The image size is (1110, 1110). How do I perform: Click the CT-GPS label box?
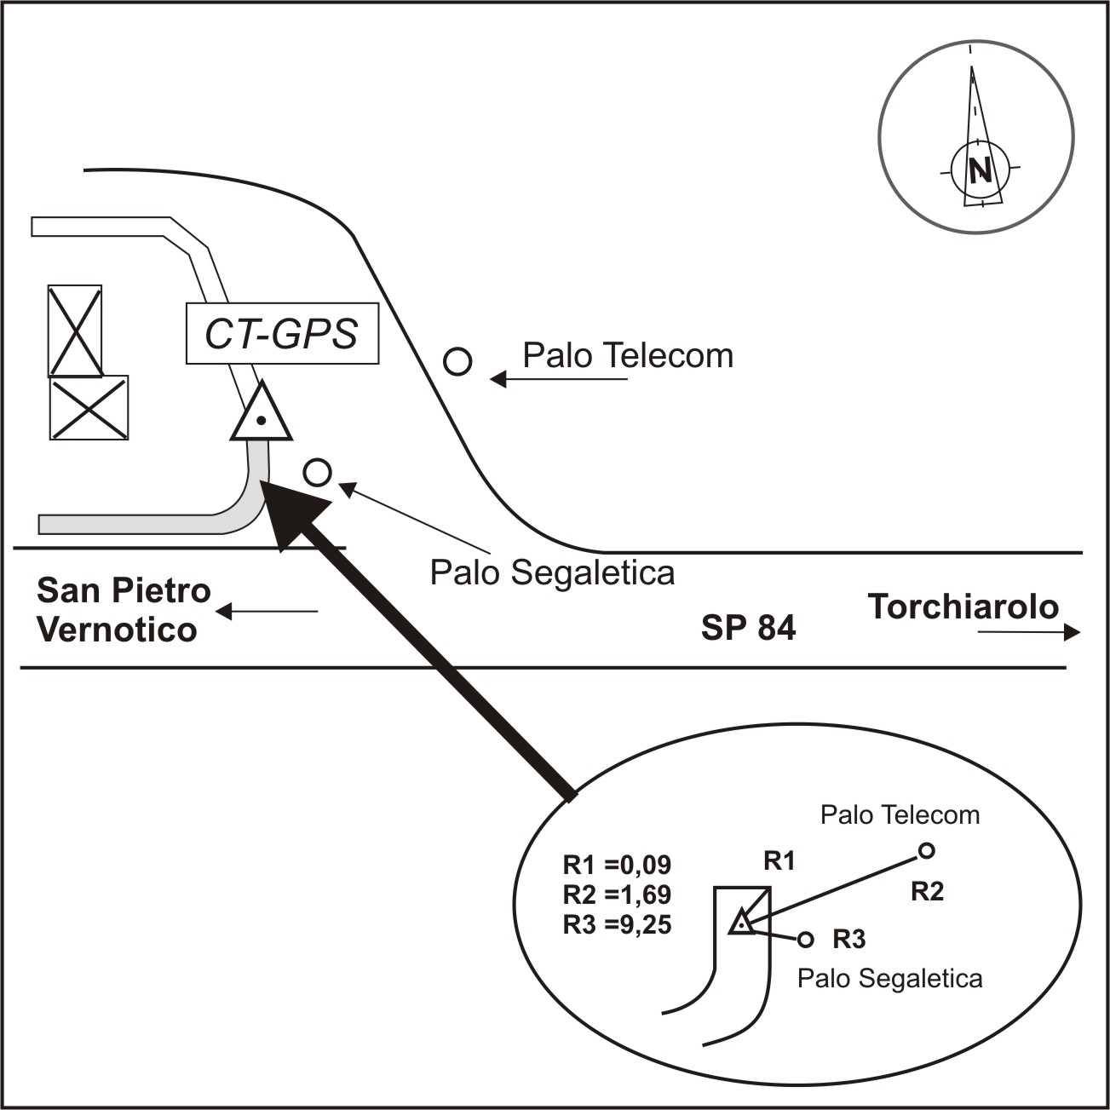click(282, 333)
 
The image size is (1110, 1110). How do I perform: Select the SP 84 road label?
click(748, 628)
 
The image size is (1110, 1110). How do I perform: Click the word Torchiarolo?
click(963, 607)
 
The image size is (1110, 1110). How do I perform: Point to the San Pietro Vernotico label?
click(123, 610)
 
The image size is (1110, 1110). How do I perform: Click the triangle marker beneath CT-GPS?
click(262, 416)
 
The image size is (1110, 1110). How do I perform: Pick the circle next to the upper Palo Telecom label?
click(458, 362)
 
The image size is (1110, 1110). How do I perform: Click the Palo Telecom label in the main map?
click(628, 355)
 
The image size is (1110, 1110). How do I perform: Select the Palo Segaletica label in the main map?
click(552, 572)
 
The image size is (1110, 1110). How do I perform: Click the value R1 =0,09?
click(617, 866)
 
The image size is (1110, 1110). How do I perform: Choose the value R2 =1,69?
click(617, 894)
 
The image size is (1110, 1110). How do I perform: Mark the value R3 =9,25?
click(617, 924)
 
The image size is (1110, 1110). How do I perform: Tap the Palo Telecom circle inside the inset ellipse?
click(927, 850)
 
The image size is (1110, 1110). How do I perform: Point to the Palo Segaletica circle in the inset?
click(805, 940)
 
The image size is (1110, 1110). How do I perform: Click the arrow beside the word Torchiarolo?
click(1029, 632)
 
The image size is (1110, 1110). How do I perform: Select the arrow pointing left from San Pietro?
click(266, 612)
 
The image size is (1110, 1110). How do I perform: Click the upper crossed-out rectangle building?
click(75, 331)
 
